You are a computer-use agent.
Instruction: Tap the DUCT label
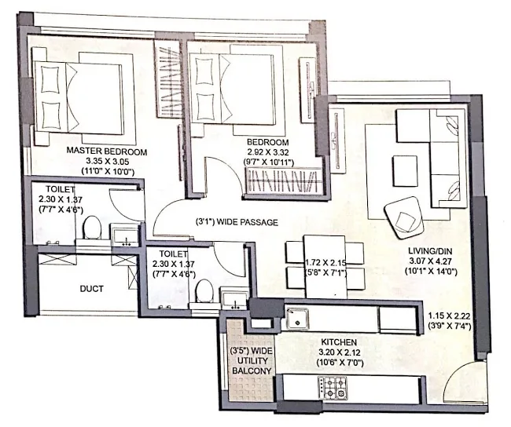(91, 289)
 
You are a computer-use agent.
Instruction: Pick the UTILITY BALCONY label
(251, 363)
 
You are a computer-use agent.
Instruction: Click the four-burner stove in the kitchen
(333, 385)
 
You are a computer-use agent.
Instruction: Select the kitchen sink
(298, 318)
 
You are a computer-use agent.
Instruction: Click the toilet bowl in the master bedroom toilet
(91, 228)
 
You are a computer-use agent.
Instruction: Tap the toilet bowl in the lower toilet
(204, 292)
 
